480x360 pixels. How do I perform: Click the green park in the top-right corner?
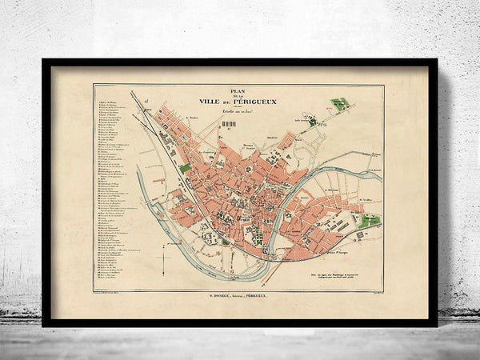tap(339, 104)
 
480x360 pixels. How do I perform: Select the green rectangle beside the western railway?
tap(186, 168)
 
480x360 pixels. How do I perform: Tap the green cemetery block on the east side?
tap(369, 222)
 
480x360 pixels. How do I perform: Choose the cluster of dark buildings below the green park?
tap(311, 122)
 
